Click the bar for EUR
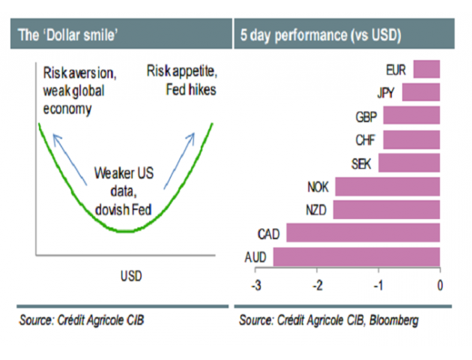coord(426,70)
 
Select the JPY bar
coord(421,93)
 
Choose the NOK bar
coord(387,187)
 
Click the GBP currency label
coord(367,116)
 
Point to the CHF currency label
coord(367,139)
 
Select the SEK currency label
coord(363,163)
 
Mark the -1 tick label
coord(378,285)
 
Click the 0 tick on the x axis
coord(440,285)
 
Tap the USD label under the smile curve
coord(130,277)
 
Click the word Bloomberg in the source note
coord(393,320)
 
